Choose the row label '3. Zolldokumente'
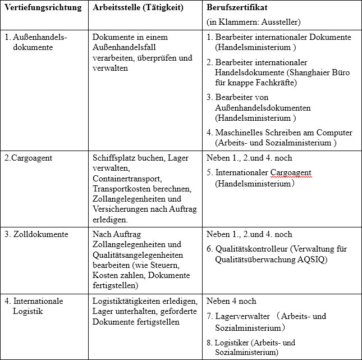(36, 234)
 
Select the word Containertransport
(127, 178)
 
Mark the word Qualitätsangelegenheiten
(134, 254)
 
